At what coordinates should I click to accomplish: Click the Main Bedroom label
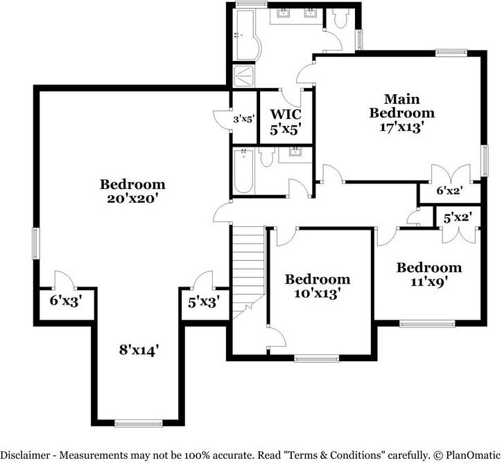pyautogui.click(x=401, y=106)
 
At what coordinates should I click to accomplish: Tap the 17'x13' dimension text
pyautogui.click(x=401, y=127)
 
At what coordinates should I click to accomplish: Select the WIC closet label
pyautogui.click(x=286, y=114)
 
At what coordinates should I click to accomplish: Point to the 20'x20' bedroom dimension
pyautogui.click(x=133, y=199)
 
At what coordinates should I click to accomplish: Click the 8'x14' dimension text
pyautogui.click(x=139, y=350)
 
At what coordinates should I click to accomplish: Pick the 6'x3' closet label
pyautogui.click(x=67, y=301)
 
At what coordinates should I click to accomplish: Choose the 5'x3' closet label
pyautogui.click(x=204, y=302)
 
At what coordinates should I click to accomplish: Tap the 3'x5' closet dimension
pyautogui.click(x=244, y=120)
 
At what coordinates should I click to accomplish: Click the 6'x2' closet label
pyautogui.click(x=450, y=191)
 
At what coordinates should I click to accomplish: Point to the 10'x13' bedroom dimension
pyautogui.click(x=317, y=293)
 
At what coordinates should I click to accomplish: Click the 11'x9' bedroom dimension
pyautogui.click(x=429, y=282)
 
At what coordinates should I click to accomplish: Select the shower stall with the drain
pyautogui.click(x=243, y=76)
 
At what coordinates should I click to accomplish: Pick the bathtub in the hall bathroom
pyautogui.click(x=243, y=171)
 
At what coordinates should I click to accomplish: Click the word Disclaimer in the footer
pyautogui.click(x=25, y=455)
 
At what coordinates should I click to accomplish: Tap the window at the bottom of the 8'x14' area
pyautogui.click(x=138, y=424)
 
